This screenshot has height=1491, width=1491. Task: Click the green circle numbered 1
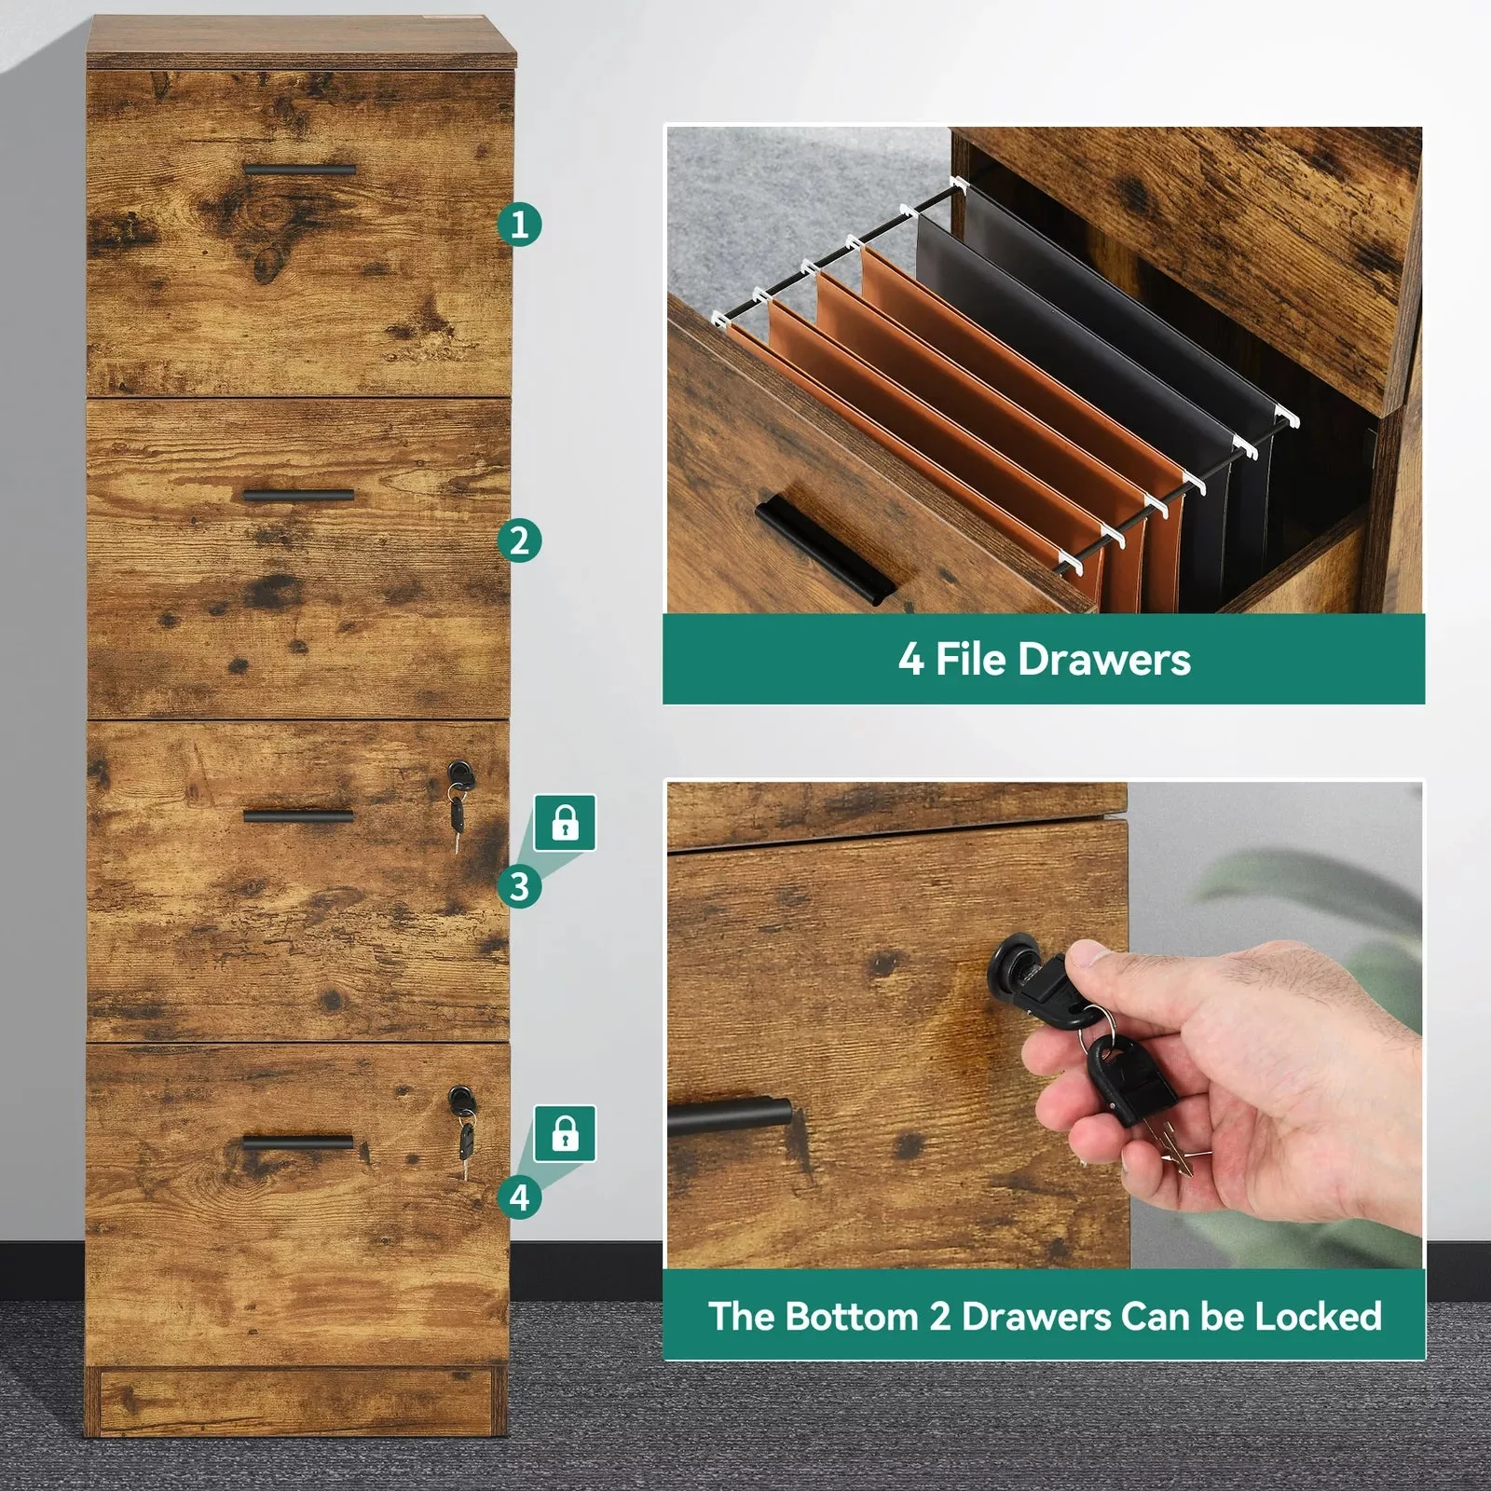point(519,225)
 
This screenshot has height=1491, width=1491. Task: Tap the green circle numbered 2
point(519,541)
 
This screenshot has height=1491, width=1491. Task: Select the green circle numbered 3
point(519,886)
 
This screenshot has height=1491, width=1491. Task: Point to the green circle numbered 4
point(519,1197)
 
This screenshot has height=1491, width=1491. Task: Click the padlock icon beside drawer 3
point(565,823)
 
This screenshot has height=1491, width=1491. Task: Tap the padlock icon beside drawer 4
point(565,1134)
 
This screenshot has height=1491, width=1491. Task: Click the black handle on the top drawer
point(300,171)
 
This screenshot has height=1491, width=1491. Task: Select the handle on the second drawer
point(298,495)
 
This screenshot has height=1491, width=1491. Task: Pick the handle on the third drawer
point(298,816)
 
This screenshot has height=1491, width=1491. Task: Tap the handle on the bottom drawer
point(298,1142)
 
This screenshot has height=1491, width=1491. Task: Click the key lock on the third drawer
point(458,773)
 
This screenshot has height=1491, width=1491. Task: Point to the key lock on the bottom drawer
point(460,1099)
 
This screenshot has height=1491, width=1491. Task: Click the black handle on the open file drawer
point(824,550)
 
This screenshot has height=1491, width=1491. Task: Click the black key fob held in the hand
point(1128,1081)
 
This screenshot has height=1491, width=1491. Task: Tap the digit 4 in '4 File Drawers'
point(910,660)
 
